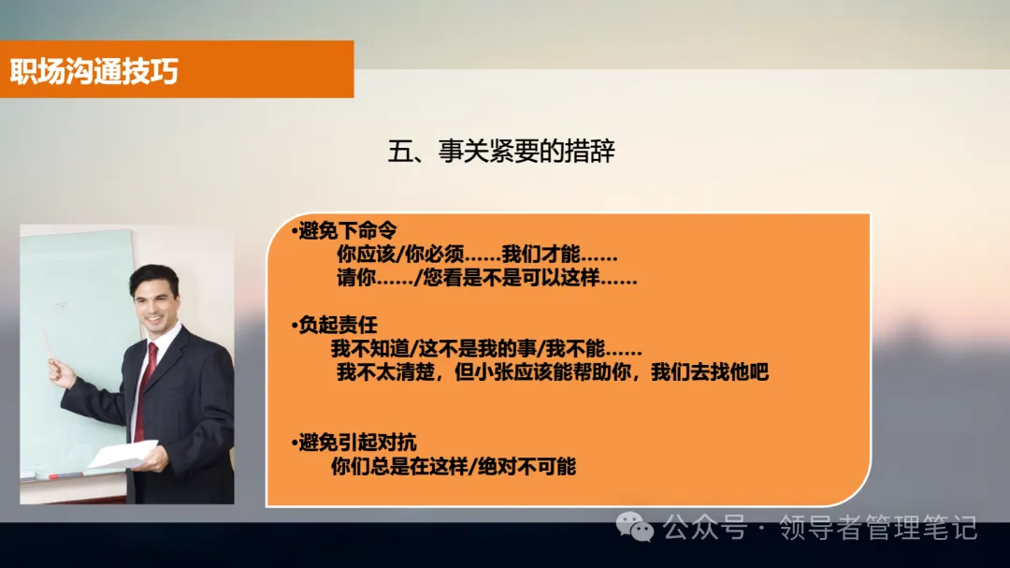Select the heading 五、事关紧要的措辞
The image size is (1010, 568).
point(501,152)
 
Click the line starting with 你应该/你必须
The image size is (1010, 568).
point(476,255)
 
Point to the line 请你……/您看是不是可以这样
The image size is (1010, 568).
point(486,278)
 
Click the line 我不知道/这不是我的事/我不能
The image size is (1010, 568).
point(486,349)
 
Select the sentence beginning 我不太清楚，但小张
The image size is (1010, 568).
point(552,371)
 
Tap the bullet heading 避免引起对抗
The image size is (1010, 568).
point(356,443)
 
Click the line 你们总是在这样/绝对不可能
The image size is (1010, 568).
point(454,466)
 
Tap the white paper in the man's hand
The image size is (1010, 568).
point(123,455)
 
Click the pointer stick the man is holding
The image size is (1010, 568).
point(47,342)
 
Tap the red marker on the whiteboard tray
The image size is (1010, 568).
point(65,476)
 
